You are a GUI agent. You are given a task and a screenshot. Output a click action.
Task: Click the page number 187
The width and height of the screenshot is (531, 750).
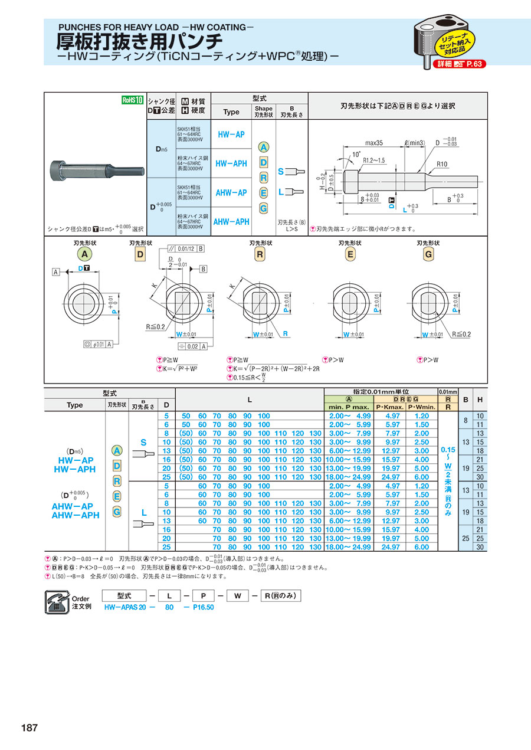tap(29, 728)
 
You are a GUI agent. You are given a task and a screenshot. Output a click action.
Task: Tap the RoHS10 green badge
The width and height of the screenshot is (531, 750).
tap(133, 100)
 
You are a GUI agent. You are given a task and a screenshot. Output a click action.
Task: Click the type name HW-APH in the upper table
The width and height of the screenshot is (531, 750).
tap(231, 163)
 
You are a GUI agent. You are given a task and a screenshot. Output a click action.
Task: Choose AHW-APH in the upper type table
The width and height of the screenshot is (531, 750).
tap(231, 222)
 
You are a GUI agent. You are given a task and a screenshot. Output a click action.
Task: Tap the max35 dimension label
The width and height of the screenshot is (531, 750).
tap(374, 143)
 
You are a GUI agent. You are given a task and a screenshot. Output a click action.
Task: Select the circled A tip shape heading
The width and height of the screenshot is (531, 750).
tap(85, 254)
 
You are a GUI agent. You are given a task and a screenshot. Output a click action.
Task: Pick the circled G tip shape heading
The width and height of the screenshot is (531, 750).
tap(429, 254)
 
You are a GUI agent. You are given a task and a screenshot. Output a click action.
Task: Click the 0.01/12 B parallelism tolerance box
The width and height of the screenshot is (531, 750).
tap(185, 248)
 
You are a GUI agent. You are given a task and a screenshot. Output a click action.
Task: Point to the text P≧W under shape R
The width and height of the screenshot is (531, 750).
tap(241, 359)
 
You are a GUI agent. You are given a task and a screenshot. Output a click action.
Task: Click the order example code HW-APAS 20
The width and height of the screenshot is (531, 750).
tap(124, 607)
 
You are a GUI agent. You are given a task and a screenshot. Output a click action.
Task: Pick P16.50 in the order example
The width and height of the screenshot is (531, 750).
tap(204, 607)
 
